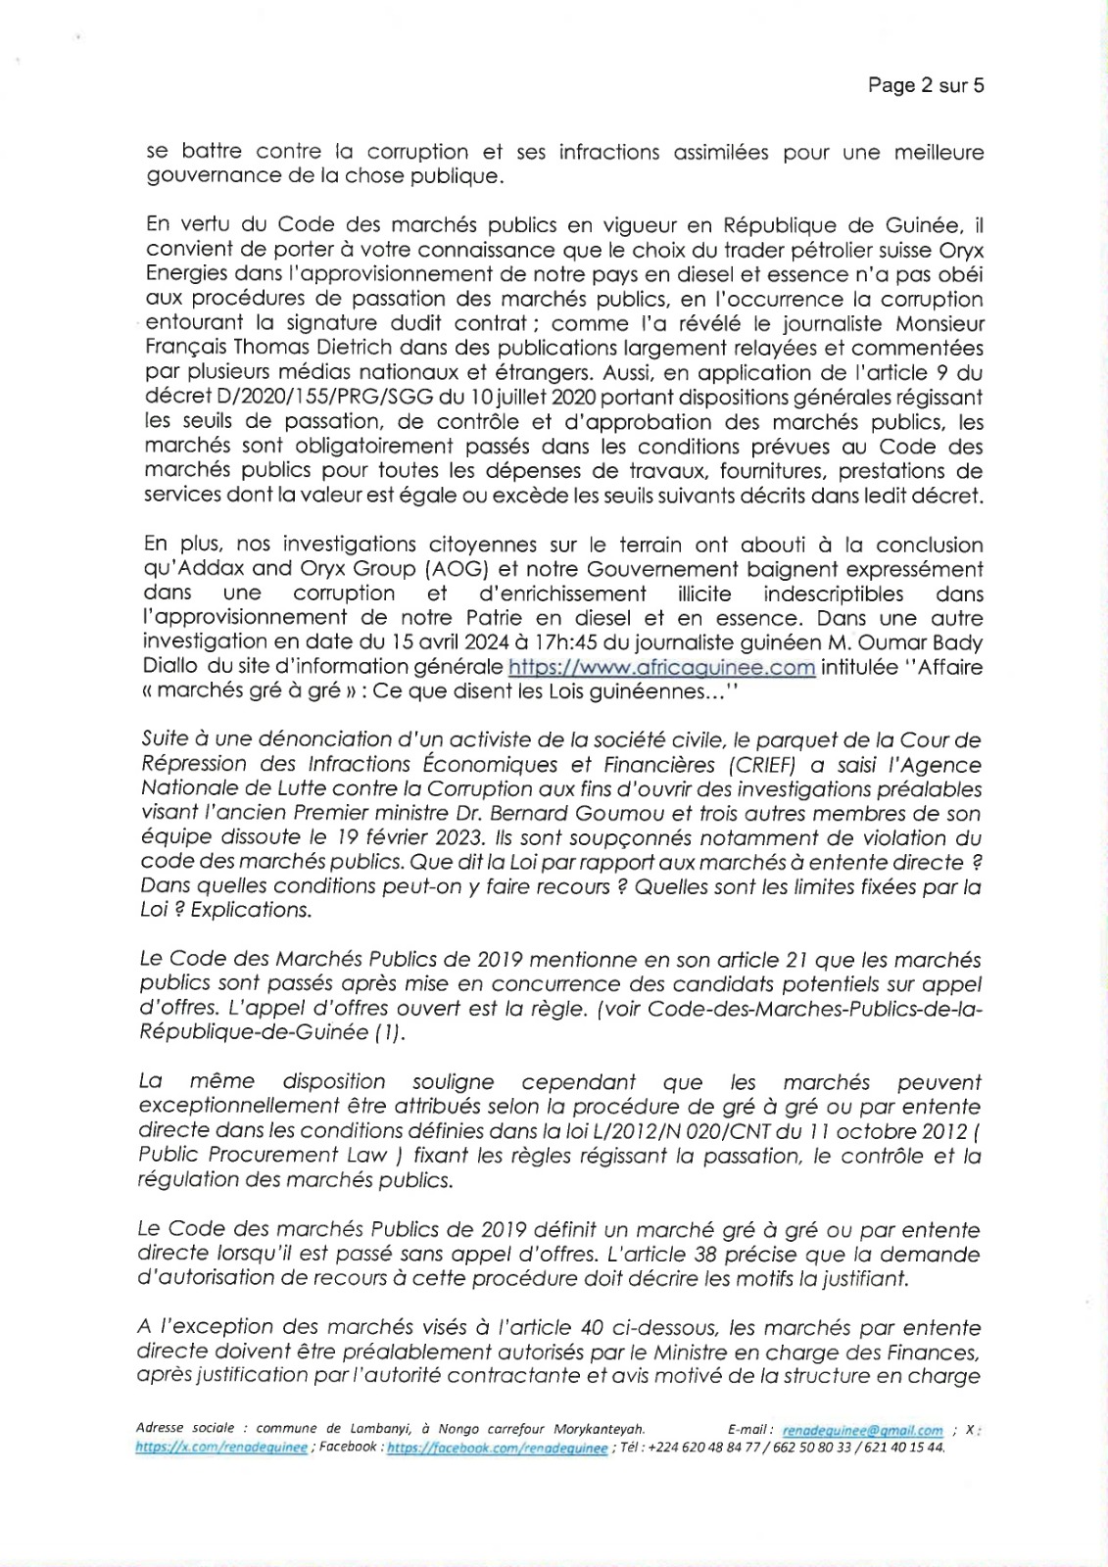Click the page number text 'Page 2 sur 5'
[925, 85]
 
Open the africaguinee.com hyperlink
[661, 668]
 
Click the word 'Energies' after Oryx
[185, 275]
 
